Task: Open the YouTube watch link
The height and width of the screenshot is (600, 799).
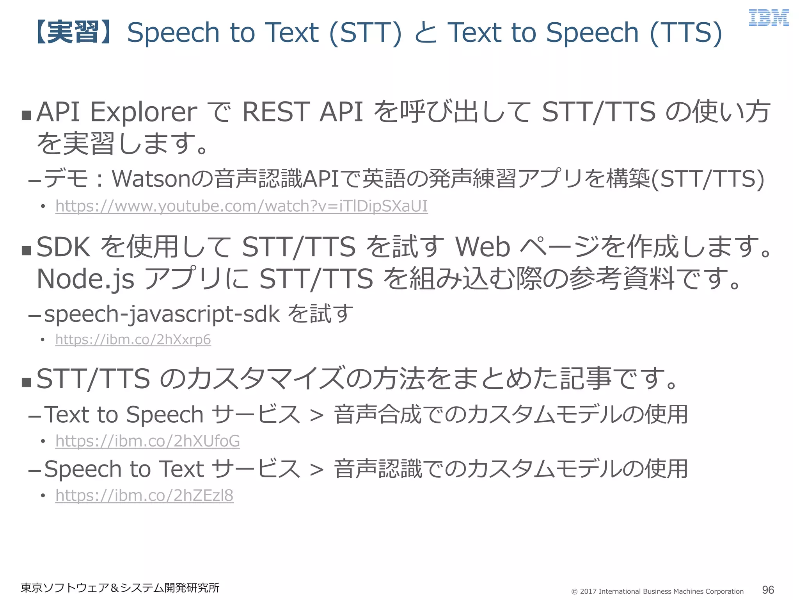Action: click(x=241, y=206)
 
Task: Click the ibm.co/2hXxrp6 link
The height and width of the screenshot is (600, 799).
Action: click(x=133, y=339)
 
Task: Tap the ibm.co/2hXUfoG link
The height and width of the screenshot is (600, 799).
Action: click(x=147, y=441)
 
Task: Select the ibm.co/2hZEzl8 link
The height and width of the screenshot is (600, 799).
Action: click(x=144, y=495)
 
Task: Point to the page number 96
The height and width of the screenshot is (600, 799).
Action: click(x=768, y=590)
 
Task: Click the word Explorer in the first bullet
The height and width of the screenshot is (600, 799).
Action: click(x=144, y=112)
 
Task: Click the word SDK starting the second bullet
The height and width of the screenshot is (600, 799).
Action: click(x=64, y=247)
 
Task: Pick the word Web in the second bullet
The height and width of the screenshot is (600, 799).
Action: click(x=483, y=247)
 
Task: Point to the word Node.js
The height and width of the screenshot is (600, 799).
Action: click(x=85, y=279)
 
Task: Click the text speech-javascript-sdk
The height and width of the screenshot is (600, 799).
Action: click(x=162, y=314)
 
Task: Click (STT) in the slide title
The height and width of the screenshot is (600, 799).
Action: click(x=365, y=32)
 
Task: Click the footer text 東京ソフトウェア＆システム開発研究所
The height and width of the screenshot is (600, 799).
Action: click(x=120, y=587)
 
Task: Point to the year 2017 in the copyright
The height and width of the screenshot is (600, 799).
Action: click(x=588, y=591)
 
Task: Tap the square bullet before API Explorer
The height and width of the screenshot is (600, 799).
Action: click(x=27, y=115)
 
